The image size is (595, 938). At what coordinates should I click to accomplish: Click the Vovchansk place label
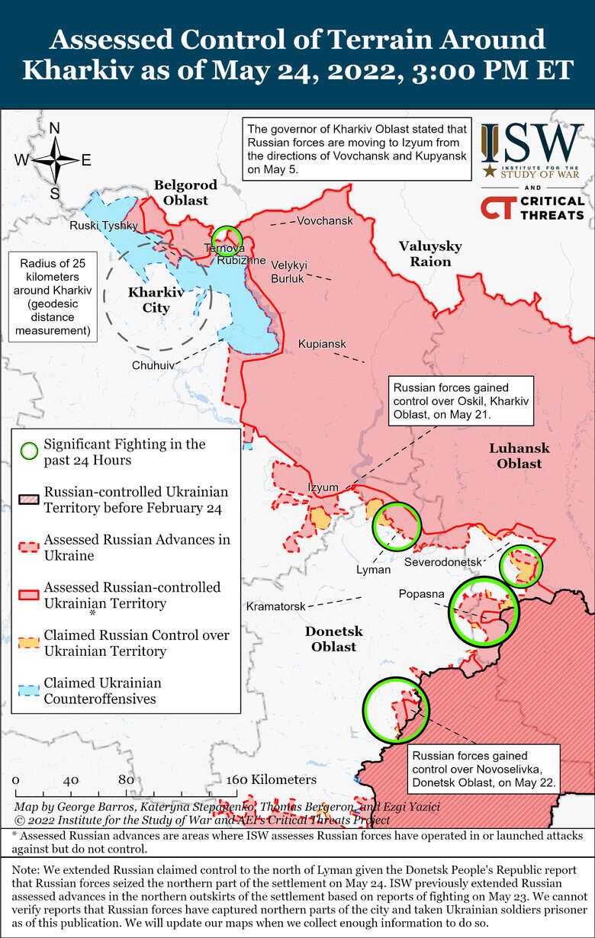[x=325, y=220]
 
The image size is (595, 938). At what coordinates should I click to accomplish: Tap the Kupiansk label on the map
[x=322, y=344]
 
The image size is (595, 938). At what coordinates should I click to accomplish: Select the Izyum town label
[x=323, y=487]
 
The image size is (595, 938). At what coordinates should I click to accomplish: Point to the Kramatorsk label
[x=276, y=606]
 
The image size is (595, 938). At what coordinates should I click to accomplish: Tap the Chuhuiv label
[x=153, y=365]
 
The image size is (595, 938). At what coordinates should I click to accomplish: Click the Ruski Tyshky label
[x=104, y=226]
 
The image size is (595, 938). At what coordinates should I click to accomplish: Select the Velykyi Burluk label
[x=289, y=271]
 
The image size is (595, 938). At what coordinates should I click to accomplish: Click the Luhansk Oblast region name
[x=519, y=455]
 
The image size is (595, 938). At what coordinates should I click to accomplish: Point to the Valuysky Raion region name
[x=430, y=253]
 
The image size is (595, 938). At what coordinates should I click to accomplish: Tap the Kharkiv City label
[x=156, y=300]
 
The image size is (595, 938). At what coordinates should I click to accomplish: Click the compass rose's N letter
[x=55, y=128]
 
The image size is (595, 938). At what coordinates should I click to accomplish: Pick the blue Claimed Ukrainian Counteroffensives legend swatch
[x=29, y=690]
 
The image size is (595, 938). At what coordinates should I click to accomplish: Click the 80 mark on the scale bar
[x=126, y=780]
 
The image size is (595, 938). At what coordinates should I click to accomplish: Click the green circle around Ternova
[x=227, y=239]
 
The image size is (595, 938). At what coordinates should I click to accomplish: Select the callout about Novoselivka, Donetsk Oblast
[x=483, y=769]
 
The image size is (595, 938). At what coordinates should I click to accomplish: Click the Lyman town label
[x=373, y=569]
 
